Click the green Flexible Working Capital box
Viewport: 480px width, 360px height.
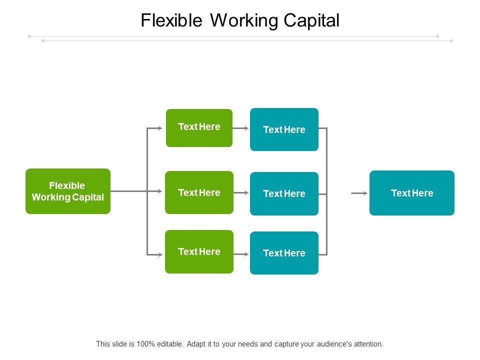pos(68,191)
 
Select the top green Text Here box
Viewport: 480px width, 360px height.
pos(199,128)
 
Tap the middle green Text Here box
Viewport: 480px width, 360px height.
pos(199,192)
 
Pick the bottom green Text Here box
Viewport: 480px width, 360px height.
pos(199,251)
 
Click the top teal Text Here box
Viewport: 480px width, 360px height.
pos(284,129)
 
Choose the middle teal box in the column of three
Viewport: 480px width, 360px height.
pos(284,194)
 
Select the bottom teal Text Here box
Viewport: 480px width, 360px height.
pos(284,253)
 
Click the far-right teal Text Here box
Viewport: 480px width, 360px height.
pos(412,193)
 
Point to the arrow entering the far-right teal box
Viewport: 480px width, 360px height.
pos(359,193)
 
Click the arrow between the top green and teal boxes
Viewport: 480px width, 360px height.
pos(241,128)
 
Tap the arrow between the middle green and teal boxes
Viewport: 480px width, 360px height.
pos(241,193)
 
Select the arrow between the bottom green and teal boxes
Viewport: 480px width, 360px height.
pos(241,254)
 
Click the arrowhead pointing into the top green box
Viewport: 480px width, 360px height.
pos(160,128)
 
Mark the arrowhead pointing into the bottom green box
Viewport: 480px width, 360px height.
pos(160,254)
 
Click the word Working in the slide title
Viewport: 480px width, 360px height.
pos(244,21)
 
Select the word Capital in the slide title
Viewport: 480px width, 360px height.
pos(311,21)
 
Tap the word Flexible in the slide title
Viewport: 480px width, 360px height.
pos(171,20)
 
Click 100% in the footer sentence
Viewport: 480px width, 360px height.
pos(145,344)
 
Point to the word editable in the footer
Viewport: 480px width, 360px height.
pos(170,344)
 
